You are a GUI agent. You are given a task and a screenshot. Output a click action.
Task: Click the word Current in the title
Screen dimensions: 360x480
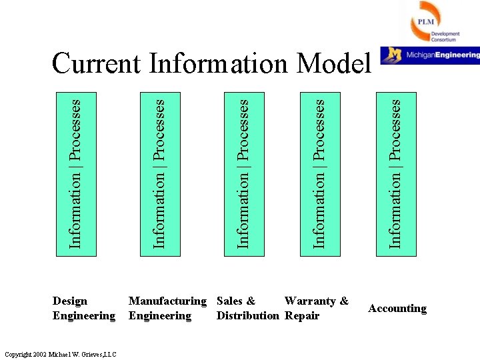96,64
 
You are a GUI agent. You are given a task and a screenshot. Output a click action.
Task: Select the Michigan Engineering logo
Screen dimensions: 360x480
430,55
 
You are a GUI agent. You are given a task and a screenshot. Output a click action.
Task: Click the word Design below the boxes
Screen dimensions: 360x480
70,301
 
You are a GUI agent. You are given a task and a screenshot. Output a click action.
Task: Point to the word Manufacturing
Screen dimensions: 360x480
167,301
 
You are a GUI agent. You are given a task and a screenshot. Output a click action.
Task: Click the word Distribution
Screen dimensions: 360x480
247,315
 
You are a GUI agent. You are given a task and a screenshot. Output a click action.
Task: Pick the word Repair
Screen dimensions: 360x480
302,315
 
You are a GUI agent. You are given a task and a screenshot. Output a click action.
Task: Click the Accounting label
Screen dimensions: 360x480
397,308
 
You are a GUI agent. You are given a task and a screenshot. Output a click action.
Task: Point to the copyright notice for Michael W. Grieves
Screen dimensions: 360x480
59,353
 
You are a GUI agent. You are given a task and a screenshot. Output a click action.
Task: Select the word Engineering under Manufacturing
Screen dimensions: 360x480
160,315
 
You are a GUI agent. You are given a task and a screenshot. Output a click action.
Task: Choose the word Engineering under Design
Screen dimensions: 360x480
84,315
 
